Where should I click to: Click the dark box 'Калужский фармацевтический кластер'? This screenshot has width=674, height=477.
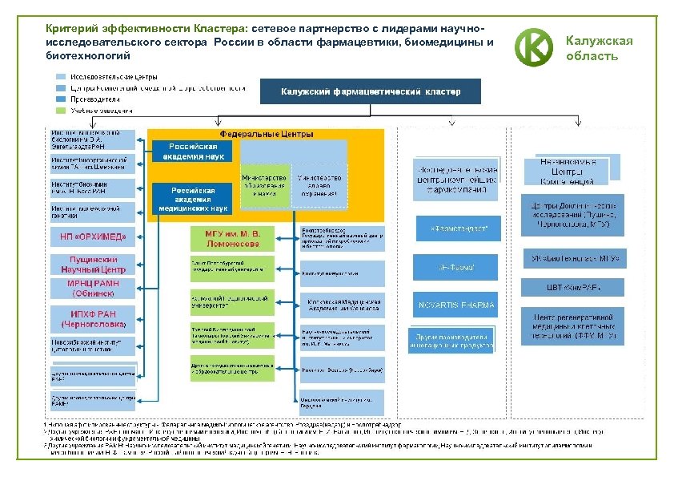pyautogui.click(x=371, y=91)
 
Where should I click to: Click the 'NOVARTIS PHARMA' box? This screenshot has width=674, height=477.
pyautogui.click(x=456, y=305)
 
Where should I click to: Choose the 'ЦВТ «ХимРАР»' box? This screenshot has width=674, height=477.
pyautogui.click(x=572, y=287)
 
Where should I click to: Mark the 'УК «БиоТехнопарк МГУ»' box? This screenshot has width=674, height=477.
pyautogui.click(x=572, y=259)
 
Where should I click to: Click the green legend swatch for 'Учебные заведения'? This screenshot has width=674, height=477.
pyautogui.click(x=62, y=110)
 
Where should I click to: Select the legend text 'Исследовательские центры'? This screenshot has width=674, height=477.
pyautogui.click(x=113, y=77)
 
